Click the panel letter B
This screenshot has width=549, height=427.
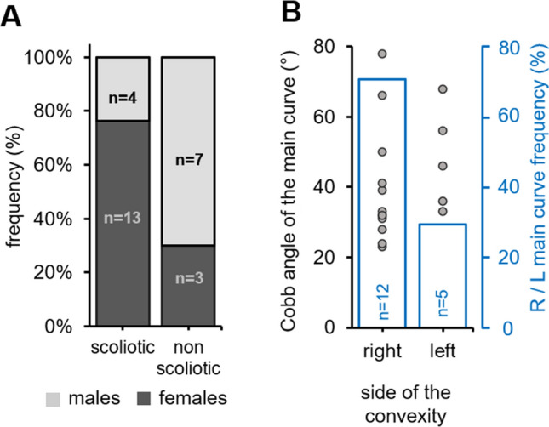pyautogui.click(x=289, y=13)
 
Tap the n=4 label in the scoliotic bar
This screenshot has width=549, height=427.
pyautogui.click(x=124, y=99)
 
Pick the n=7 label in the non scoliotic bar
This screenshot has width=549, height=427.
pyautogui.click(x=192, y=157)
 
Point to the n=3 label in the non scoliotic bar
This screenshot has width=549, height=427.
pyautogui.click(x=192, y=276)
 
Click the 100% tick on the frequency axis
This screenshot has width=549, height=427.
pyautogui.click(x=63, y=58)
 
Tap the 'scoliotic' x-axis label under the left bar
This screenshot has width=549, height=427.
pyautogui.click(x=124, y=350)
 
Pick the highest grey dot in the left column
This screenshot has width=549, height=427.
pyautogui.click(x=443, y=88)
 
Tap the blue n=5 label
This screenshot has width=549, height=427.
pyautogui.click(x=443, y=301)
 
